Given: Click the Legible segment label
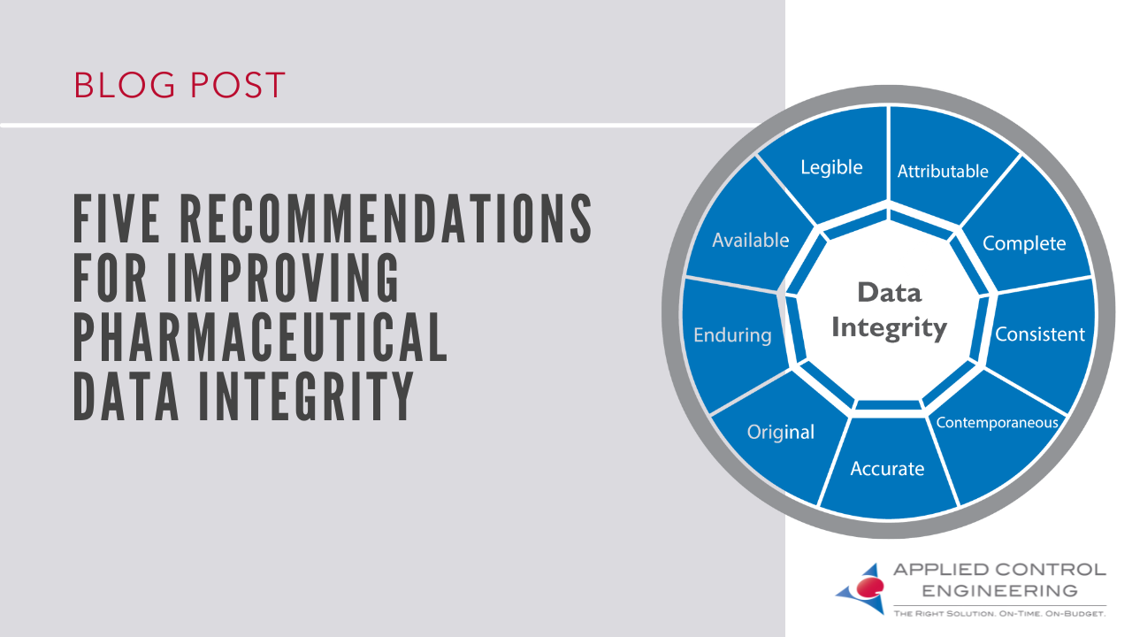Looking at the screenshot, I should tap(831, 167).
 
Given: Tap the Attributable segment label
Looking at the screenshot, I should tap(943, 171).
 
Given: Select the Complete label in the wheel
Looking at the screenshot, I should tap(1024, 243).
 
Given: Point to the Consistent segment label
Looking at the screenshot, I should tap(1040, 334).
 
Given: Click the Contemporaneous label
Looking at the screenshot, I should tap(997, 422).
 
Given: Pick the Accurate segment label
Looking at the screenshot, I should tap(887, 468).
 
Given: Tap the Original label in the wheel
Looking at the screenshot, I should tap(781, 432).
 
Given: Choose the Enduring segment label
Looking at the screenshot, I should tap(732, 335).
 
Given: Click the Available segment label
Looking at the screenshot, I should tap(751, 240).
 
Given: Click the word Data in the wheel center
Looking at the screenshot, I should tap(889, 292).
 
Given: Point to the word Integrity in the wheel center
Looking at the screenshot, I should tap(889, 328).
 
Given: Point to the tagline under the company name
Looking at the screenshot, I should tap(999, 612).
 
